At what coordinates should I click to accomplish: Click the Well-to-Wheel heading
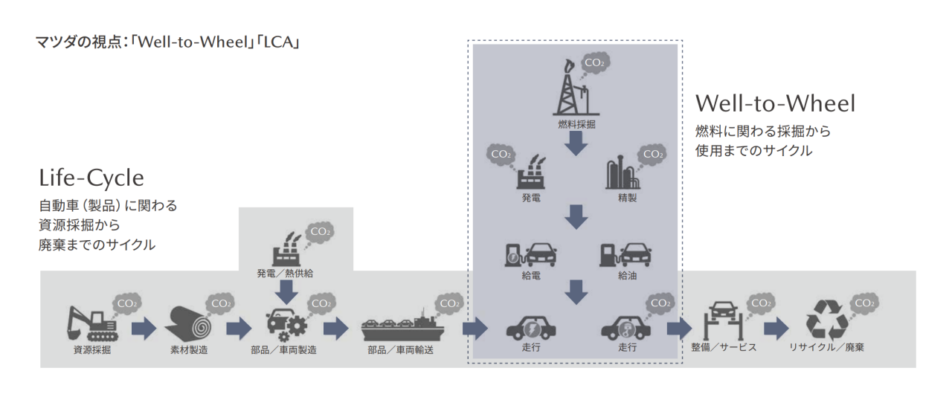pyautogui.click(x=775, y=103)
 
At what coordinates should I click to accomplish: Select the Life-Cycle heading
pyautogui.click(x=91, y=178)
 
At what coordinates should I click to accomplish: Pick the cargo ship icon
pyautogui.click(x=402, y=326)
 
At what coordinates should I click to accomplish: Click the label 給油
pyautogui.click(x=627, y=276)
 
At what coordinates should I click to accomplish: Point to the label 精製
pyautogui.click(x=627, y=199)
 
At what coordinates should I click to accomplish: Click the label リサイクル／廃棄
pyautogui.click(x=826, y=347)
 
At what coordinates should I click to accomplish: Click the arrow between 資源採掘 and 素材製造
pyautogui.click(x=144, y=327)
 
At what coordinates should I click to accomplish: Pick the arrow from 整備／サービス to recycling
pyautogui.click(x=776, y=327)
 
